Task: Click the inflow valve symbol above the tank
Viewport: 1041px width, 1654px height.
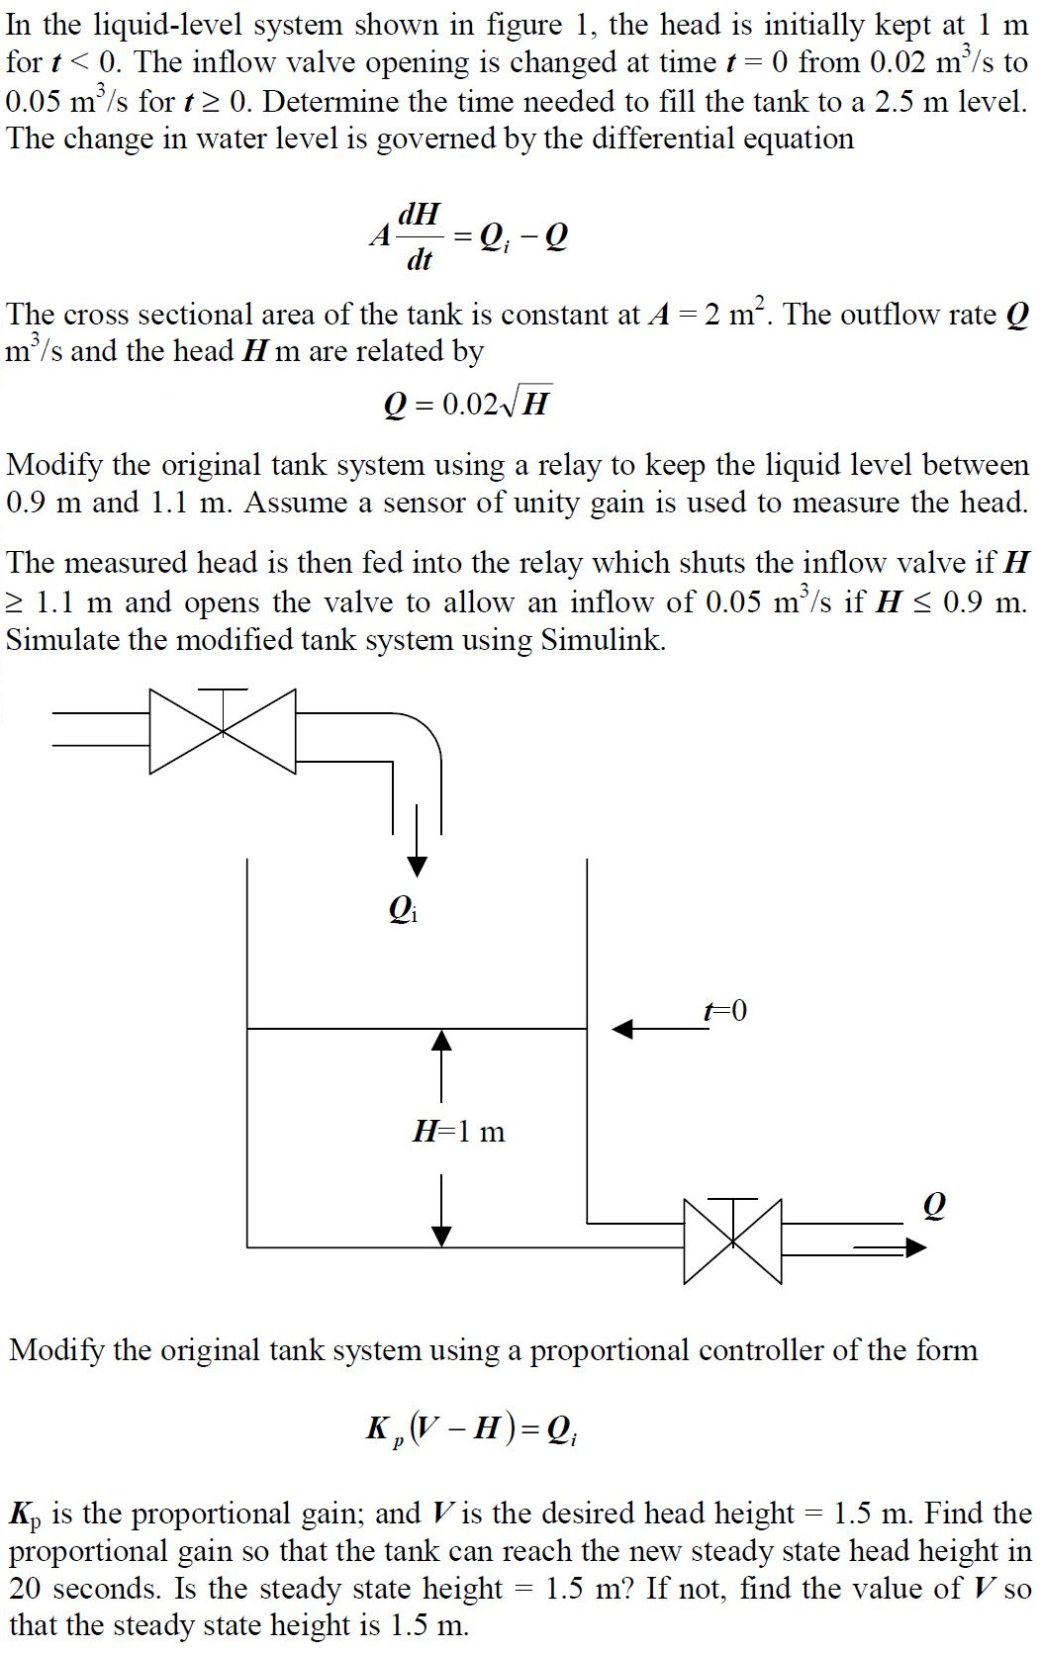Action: [224, 730]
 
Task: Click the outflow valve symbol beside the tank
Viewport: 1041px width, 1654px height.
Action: [732, 1240]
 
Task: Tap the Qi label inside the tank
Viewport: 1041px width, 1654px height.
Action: [403, 908]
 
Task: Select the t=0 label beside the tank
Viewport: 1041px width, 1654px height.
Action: [724, 1010]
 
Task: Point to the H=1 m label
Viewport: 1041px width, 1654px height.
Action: [458, 1131]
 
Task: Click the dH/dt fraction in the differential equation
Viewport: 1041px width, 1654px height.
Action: [420, 235]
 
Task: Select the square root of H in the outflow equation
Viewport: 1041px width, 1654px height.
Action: [524, 404]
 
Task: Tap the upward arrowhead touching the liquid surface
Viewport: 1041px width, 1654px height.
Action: [441, 1041]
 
